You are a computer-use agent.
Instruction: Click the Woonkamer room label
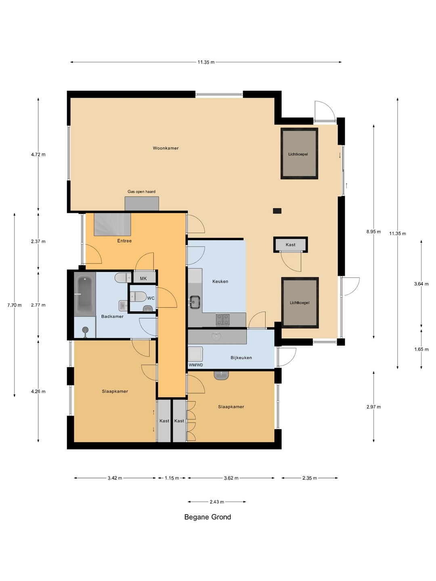pos(166,148)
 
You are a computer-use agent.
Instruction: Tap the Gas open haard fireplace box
pos(142,203)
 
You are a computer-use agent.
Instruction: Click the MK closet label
pos(143,278)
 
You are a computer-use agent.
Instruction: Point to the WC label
pos(151,298)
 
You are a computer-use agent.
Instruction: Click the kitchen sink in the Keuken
pos(195,302)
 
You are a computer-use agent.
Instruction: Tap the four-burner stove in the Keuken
pos(222,319)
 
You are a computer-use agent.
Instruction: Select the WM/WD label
pos(196,365)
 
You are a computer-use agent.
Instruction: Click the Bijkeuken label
pos(241,357)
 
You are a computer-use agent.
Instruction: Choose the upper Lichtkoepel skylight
pos(299,154)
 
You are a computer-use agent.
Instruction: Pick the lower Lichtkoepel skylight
pos(300,303)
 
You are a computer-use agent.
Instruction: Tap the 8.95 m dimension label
pos(373,232)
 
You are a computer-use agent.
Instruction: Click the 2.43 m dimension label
pos(217,502)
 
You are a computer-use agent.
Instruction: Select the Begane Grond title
pos(208,517)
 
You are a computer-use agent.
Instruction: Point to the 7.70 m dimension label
pos(14,305)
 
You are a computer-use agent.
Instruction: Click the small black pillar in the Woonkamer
pos(277,211)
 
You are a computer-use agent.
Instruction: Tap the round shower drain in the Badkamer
pos(85,330)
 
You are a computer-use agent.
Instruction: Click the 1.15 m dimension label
pos(172,478)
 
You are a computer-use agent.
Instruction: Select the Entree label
pos(124,241)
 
